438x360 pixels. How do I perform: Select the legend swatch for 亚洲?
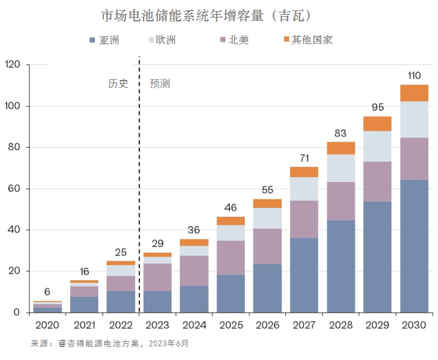tap(92, 40)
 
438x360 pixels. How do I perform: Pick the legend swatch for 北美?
tap(224, 40)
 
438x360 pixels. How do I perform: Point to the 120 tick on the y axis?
tap(13, 65)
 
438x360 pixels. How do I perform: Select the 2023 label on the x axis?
tap(158, 325)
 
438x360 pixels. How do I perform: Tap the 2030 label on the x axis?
tap(414, 325)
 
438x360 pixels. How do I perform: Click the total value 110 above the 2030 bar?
tap(414, 76)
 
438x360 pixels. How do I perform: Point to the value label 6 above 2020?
tap(48, 292)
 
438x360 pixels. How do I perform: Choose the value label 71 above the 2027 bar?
tap(304, 158)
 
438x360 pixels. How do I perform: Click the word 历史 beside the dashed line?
tap(118, 84)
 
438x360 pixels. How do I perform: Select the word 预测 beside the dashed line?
tap(160, 84)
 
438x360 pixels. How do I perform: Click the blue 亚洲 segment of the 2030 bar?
tap(414, 247)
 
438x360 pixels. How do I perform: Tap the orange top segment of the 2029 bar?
tap(378, 123)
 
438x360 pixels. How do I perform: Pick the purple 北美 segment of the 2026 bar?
tap(267, 246)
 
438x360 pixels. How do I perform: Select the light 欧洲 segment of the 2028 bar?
tap(341, 168)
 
